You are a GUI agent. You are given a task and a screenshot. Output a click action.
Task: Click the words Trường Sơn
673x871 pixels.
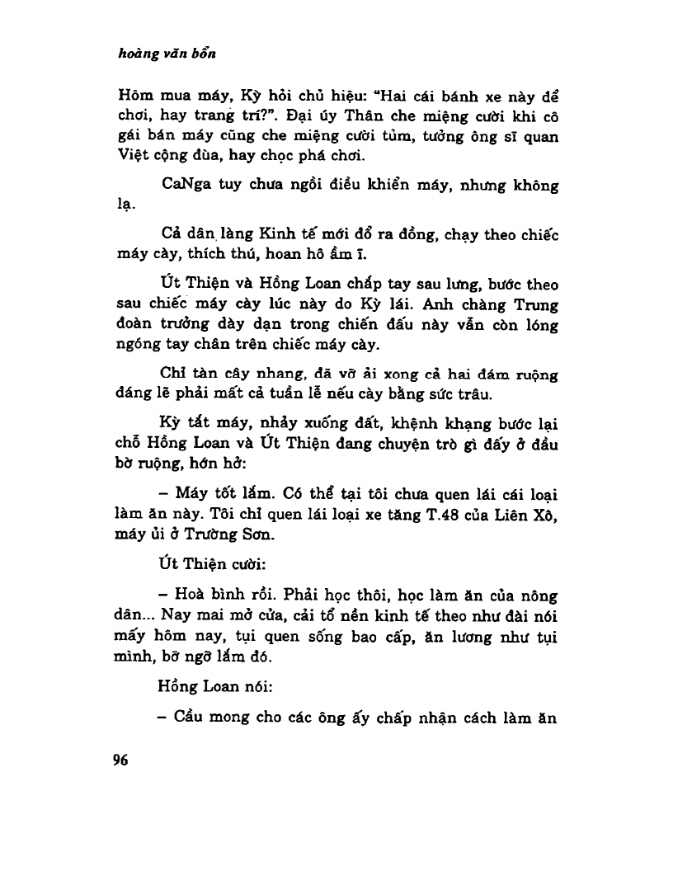click(x=242, y=534)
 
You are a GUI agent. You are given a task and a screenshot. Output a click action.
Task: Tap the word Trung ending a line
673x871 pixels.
click(x=538, y=303)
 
